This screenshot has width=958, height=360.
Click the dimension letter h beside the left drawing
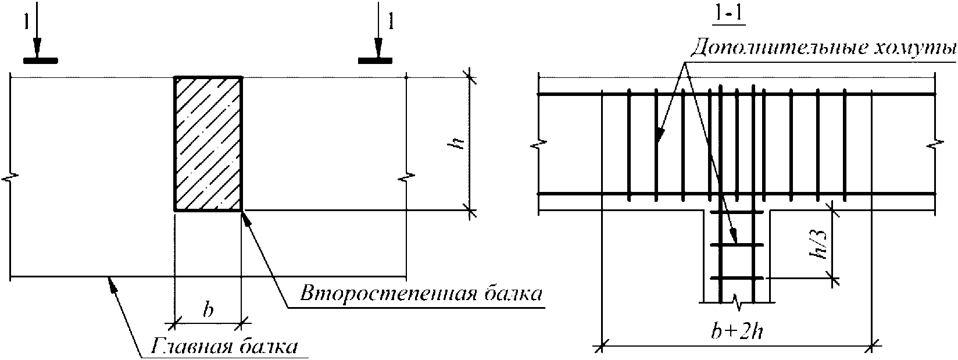(460, 143)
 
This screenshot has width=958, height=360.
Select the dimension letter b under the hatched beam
(208, 309)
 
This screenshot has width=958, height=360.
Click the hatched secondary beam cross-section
(208, 143)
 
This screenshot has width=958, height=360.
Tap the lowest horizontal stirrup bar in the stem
(737, 279)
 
